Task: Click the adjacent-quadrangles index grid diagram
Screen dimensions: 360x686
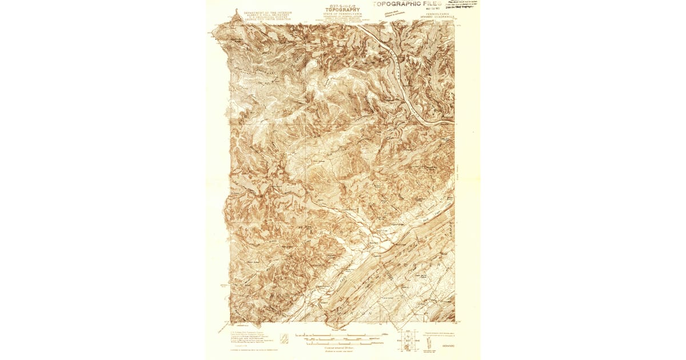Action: click(x=406, y=342)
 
